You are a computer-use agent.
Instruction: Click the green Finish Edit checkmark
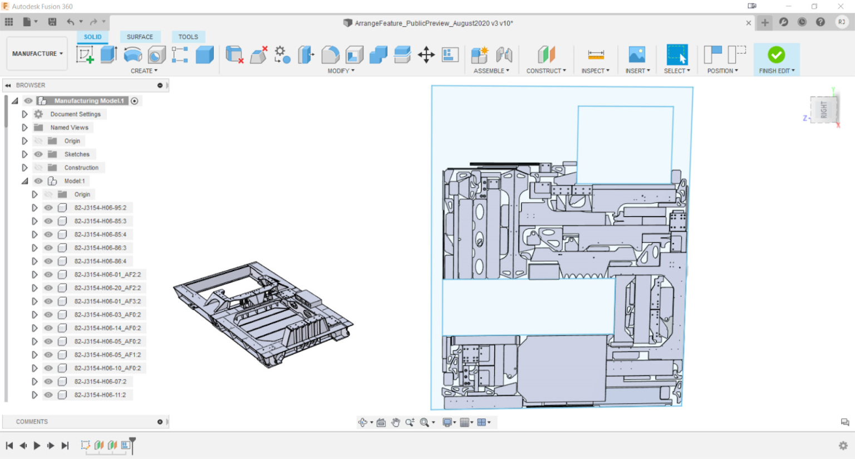click(776, 55)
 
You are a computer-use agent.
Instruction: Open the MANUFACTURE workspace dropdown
click(37, 53)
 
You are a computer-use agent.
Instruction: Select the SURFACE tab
click(140, 37)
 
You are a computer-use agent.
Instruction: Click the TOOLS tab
click(188, 37)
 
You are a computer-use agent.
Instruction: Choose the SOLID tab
click(92, 37)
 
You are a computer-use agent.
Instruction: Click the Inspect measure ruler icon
click(596, 55)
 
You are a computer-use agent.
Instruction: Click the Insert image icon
click(637, 55)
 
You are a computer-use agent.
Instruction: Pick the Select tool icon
click(677, 55)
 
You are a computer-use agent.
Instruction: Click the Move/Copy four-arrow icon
click(426, 55)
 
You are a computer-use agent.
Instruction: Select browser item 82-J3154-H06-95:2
click(100, 208)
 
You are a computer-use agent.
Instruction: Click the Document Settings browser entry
click(75, 114)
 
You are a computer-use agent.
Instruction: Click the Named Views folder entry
click(69, 128)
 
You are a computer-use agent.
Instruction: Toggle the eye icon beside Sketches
click(38, 154)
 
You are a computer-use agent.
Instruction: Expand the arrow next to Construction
click(24, 168)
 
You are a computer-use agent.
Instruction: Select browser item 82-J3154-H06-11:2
click(100, 395)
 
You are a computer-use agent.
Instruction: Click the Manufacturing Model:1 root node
click(89, 101)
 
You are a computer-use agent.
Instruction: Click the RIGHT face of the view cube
click(824, 110)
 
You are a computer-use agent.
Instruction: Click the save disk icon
click(52, 22)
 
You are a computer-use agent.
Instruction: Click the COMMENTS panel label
click(32, 422)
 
